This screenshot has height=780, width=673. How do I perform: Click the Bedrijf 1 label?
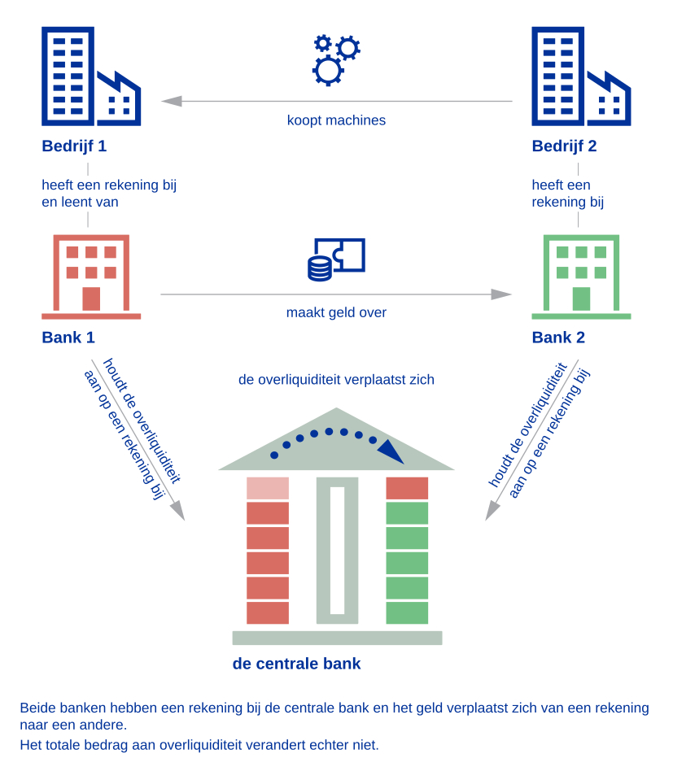[x=74, y=146]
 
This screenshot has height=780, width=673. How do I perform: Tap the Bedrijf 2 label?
[x=564, y=146]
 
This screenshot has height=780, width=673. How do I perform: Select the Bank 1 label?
[x=68, y=337]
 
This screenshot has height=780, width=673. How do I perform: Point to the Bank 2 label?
[x=558, y=337]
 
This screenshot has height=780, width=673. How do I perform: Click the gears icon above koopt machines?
[x=335, y=59]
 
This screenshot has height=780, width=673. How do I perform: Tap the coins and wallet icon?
[x=336, y=259]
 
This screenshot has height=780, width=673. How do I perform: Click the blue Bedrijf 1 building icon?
[x=90, y=76]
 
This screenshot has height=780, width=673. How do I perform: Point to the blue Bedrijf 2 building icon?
[x=580, y=76]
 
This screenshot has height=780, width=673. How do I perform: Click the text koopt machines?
[x=336, y=120]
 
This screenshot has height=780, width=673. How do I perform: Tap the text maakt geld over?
[x=336, y=312]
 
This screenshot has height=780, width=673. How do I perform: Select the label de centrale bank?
[x=296, y=664]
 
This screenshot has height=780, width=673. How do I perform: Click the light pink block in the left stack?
[x=268, y=488]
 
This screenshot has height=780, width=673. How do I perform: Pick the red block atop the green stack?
[x=407, y=488]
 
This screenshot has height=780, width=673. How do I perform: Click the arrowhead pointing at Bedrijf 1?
[x=171, y=102]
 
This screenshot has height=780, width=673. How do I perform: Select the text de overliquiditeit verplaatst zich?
[x=336, y=379]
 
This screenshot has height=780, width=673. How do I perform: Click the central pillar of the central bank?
[x=337, y=550]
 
